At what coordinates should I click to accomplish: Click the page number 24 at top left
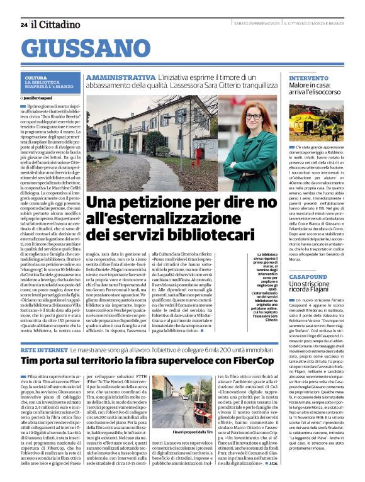[x=23, y=25]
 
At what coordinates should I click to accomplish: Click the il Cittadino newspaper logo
[x=57, y=24]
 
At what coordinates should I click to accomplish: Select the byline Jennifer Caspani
[x=38, y=99]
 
